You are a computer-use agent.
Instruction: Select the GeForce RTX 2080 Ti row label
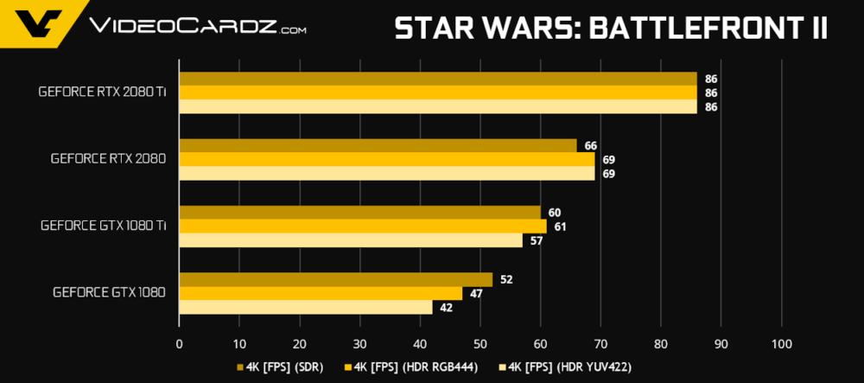(102, 93)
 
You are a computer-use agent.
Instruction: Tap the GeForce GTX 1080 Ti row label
(103, 226)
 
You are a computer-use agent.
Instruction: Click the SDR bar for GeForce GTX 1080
(335, 279)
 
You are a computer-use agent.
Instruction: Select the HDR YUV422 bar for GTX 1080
(305, 307)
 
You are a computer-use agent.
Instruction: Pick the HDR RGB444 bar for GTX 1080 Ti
(362, 227)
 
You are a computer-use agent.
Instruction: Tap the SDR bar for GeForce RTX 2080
(377, 145)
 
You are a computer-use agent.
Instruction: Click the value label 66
(591, 146)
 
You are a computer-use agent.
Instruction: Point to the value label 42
(446, 308)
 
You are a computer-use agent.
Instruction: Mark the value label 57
(537, 240)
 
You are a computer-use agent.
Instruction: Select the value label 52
(506, 279)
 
